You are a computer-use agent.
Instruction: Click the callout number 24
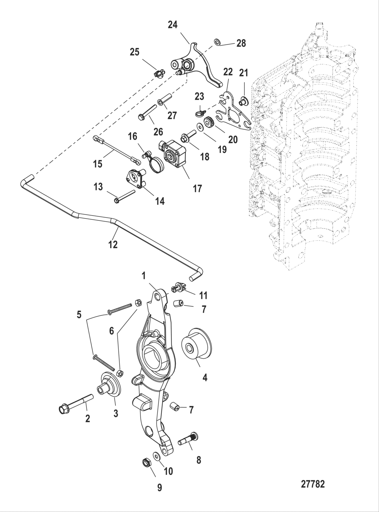pyautogui.click(x=173, y=25)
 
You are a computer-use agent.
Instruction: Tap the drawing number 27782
pyautogui.click(x=313, y=484)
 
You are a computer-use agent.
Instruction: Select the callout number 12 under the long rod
pyautogui.click(x=113, y=244)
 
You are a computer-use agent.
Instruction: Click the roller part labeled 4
pyautogui.click(x=196, y=347)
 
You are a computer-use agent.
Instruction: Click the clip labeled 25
pyautogui.click(x=159, y=72)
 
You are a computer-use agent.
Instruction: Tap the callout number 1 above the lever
pyautogui.click(x=143, y=276)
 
